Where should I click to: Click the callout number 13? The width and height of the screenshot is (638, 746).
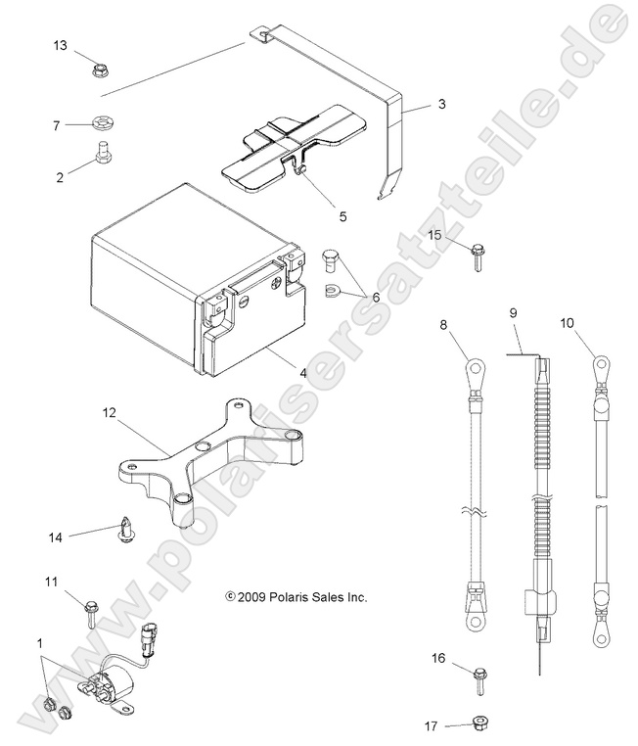point(61,46)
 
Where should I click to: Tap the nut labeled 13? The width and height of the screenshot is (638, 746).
point(100,70)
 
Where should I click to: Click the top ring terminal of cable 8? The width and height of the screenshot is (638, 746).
point(474,369)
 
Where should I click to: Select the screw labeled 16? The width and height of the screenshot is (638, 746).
point(479,675)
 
